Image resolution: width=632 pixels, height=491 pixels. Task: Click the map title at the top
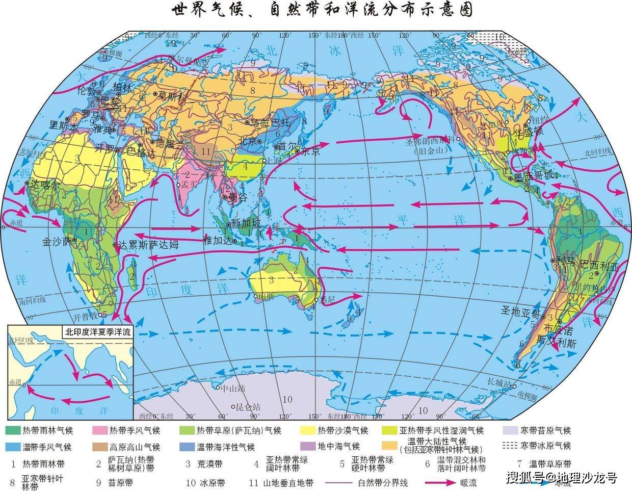[x=315, y=10]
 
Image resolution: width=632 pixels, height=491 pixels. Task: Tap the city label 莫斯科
[x=174, y=95]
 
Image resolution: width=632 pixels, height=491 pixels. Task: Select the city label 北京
[x=249, y=141]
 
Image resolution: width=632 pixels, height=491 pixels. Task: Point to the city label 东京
[x=309, y=151]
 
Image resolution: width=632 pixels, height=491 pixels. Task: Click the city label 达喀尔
[x=45, y=184]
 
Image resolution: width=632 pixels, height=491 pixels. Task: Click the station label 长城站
[x=498, y=381]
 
